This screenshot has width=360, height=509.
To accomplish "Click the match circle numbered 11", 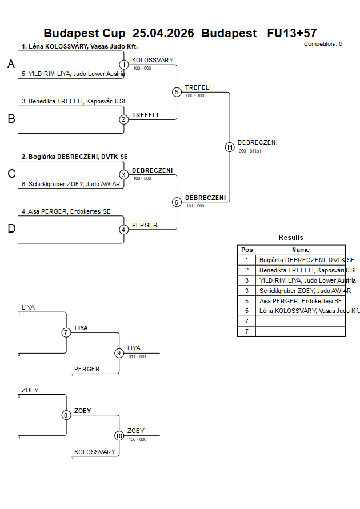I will (230, 147).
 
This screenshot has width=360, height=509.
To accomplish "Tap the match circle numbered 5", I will (177, 92).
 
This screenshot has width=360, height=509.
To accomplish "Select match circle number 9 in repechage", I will (119, 353).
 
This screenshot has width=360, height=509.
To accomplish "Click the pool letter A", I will (11, 65).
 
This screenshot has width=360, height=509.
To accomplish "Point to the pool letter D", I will (11, 229).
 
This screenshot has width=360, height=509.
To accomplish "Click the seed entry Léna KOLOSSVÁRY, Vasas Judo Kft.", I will (80, 46).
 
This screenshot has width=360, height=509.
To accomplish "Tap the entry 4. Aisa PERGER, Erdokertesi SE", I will (66, 211).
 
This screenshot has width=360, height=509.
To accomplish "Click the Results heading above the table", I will (291, 238).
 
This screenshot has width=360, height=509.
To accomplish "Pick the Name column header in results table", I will (301, 250).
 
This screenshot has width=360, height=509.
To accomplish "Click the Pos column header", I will (247, 250).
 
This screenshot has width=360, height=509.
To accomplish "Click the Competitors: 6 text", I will (323, 43).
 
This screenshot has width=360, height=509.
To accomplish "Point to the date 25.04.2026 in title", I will (163, 33).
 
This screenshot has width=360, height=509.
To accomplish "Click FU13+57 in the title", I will (291, 33).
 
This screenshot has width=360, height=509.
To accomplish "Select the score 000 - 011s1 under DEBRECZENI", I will (250, 151).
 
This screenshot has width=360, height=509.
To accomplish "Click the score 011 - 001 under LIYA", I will (137, 356).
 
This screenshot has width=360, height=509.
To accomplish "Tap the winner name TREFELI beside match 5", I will (198, 87).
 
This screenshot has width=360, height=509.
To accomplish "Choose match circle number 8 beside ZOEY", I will (66, 415).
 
